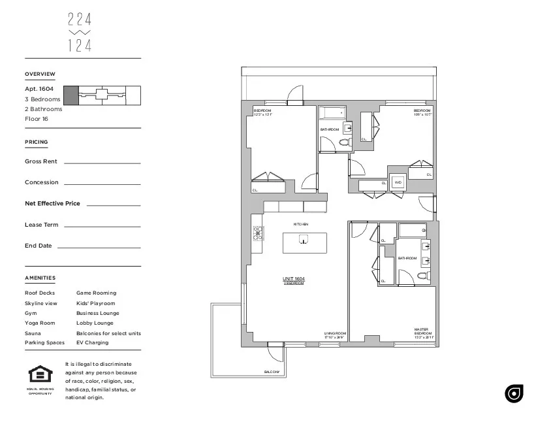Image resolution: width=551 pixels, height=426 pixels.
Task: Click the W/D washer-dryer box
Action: [x=398, y=183]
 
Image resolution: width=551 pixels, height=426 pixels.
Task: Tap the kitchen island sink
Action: [x=302, y=240]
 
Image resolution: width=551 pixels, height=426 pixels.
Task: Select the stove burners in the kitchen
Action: [x=258, y=232]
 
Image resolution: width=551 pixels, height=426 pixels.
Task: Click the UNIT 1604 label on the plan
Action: [x=294, y=279]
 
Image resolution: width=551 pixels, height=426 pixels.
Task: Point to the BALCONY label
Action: [x=272, y=372]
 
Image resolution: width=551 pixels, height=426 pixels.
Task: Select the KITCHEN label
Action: [x=300, y=224]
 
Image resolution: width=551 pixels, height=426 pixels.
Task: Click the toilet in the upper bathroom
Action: [x=347, y=142]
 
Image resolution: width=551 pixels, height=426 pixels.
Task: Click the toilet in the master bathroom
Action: [x=422, y=276]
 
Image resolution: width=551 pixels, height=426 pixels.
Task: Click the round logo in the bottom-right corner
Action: [x=514, y=393]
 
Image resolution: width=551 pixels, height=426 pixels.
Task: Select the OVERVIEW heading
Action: [x=40, y=74]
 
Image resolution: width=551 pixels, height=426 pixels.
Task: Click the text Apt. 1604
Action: [x=39, y=89]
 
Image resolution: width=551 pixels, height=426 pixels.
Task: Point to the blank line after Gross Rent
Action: [x=102, y=162]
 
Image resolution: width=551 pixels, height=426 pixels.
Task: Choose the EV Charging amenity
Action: [x=92, y=343]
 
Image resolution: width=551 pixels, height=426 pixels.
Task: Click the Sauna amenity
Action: [x=33, y=333]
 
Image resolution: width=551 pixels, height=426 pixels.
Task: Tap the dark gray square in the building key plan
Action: [x=71, y=95]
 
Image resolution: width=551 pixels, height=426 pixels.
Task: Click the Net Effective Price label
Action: [x=52, y=204]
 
